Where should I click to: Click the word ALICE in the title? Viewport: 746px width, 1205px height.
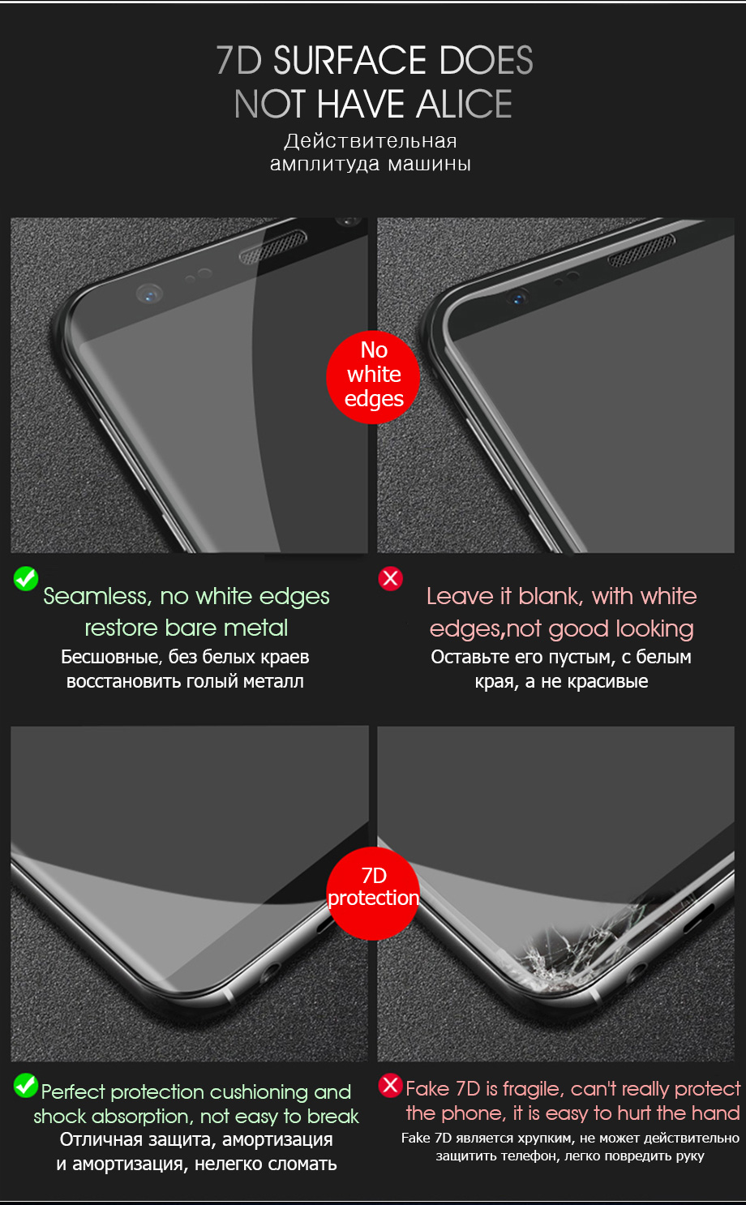pos(464,104)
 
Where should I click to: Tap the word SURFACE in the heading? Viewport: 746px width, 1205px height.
pos(350,60)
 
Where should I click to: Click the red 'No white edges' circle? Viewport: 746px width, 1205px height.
pos(373,377)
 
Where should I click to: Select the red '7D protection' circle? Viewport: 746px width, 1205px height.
pos(373,894)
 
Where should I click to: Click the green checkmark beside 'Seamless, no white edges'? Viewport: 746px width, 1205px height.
pos(26,578)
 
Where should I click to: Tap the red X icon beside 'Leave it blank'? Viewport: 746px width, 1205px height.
pos(391,578)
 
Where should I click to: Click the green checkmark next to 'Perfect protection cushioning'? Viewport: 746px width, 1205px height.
pos(26,1085)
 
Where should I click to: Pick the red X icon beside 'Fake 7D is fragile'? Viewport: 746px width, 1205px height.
pos(391,1085)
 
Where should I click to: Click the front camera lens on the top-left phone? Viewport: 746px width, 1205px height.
pos(149,294)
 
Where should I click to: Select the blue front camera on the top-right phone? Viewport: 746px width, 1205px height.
pos(518,298)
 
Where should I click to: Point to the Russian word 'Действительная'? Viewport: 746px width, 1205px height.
pos(371,141)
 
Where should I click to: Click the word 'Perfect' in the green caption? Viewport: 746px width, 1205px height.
pos(73,1092)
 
